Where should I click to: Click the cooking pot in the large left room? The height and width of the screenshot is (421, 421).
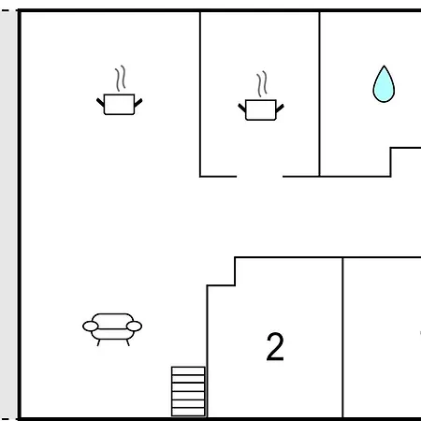119,104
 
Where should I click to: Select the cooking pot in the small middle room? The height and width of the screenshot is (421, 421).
261,109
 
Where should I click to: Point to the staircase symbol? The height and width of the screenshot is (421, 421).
188,391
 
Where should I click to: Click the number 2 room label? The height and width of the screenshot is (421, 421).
275,346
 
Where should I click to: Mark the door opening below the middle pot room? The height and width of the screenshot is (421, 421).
260,177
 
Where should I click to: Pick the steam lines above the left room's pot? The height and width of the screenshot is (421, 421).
121,79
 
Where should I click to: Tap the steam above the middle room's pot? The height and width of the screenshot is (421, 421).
262,84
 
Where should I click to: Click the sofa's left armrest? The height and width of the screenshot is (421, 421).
91,327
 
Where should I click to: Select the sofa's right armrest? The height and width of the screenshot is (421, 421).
134,327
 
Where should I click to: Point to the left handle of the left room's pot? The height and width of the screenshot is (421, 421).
100,102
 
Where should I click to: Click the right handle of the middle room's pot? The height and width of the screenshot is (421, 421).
280,109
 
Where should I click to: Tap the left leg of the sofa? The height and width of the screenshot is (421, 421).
98,342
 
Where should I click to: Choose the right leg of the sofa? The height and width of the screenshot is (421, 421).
127,342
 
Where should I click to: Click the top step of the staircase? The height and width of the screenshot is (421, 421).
188,370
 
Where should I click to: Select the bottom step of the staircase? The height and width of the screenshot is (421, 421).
188,412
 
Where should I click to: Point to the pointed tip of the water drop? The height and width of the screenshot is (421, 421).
384,65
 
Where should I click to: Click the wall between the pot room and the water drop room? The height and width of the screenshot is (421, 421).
319,94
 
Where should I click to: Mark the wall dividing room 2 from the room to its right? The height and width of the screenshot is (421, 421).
342,338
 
